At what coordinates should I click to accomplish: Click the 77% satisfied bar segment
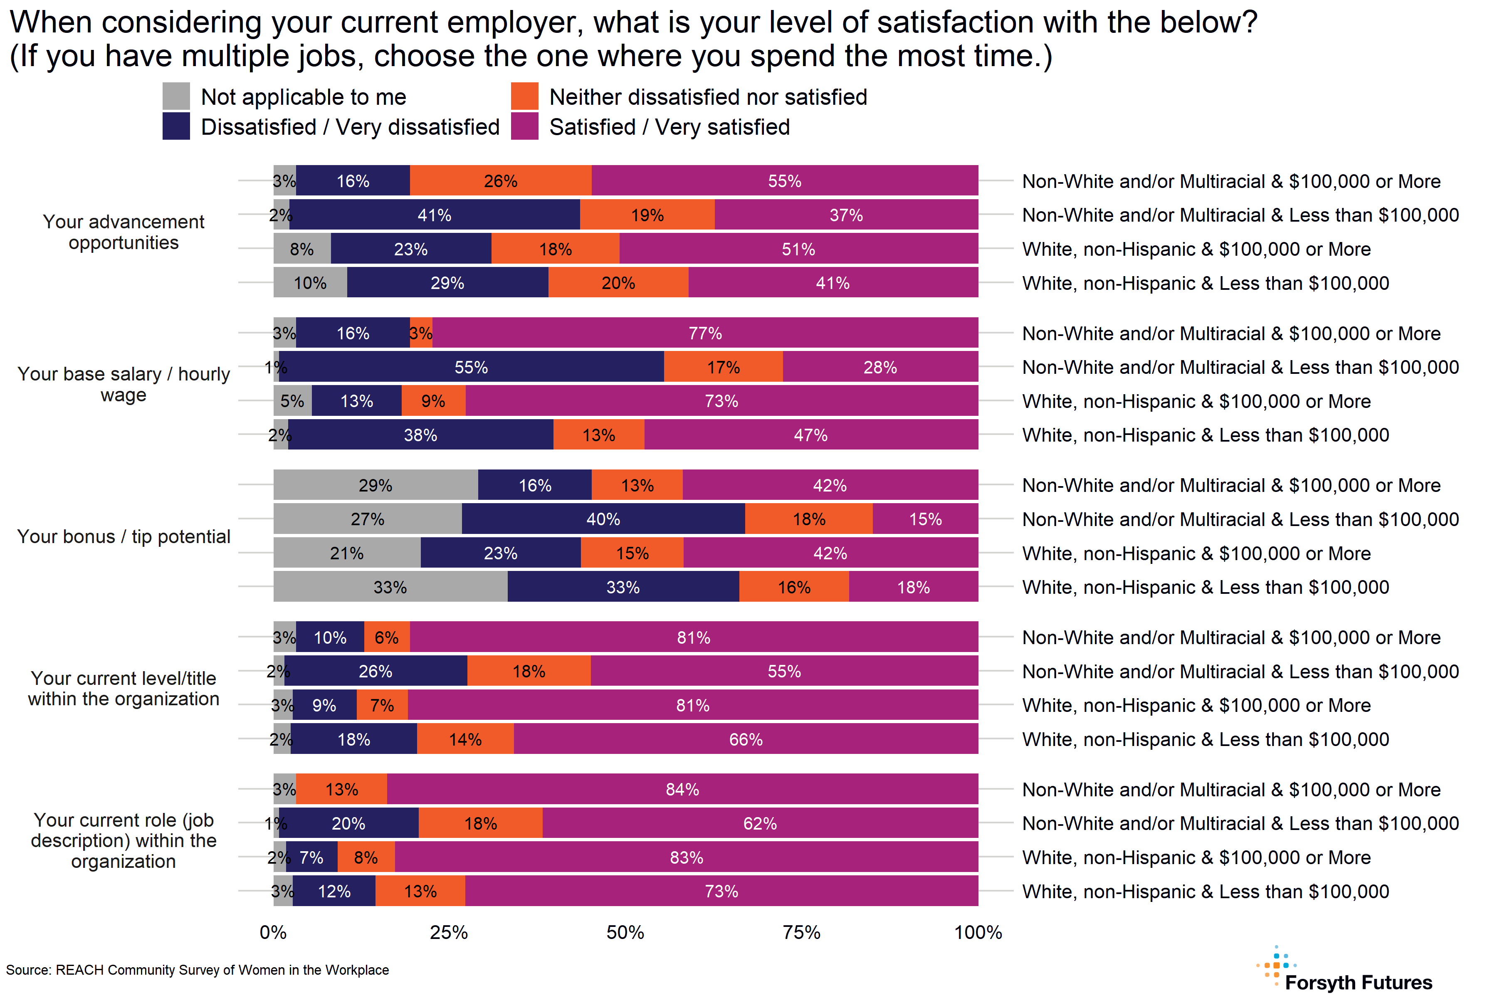coord(705,333)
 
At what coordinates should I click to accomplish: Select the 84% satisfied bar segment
coord(682,789)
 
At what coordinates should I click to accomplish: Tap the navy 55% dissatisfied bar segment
coord(471,367)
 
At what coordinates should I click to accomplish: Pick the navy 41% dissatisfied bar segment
coord(434,215)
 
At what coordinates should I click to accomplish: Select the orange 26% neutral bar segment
coord(500,181)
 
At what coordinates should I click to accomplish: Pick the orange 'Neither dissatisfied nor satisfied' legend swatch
coord(524,96)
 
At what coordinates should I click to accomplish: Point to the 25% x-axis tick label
coord(449,932)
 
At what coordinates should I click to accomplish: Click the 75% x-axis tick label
coord(801,932)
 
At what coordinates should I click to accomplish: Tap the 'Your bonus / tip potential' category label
coord(124,536)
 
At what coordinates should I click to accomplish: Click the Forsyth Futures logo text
coord(1358,982)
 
